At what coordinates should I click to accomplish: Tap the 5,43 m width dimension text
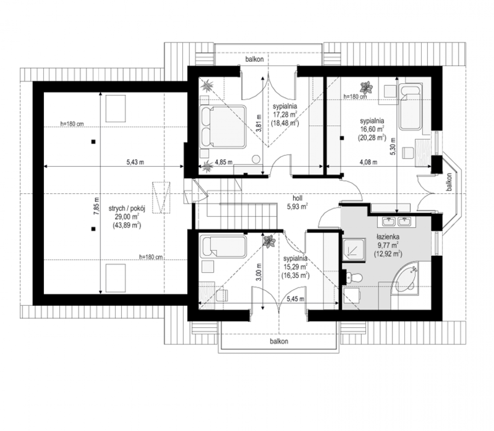click(x=135, y=162)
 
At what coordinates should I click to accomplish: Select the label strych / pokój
click(x=127, y=208)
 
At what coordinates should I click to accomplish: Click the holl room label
click(x=297, y=198)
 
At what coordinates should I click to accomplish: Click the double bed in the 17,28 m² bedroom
click(x=223, y=126)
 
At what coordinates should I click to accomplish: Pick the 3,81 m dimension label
click(x=259, y=123)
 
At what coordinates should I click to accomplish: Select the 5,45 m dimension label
click(x=296, y=299)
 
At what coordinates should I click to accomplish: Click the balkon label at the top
click(x=255, y=59)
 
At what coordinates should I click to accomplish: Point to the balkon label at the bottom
click(x=279, y=341)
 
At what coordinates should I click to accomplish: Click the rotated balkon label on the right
click(x=449, y=182)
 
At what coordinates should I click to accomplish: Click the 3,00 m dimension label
click(x=259, y=272)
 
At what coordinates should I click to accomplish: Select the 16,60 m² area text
click(x=372, y=129)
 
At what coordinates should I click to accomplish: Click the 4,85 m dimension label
click(x=224, y=162)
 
